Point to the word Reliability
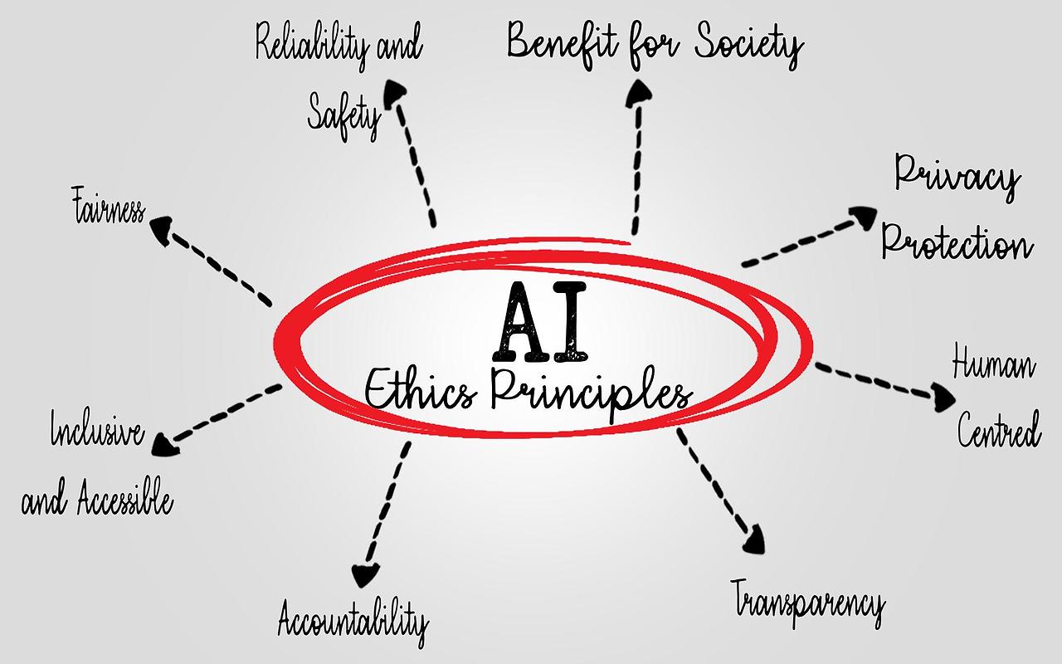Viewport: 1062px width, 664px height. tap(312, 46)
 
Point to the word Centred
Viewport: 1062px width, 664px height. tap(998, 432)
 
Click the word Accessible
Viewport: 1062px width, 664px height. tap(125, 501)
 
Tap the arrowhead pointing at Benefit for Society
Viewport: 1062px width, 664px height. tap(638, 91)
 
